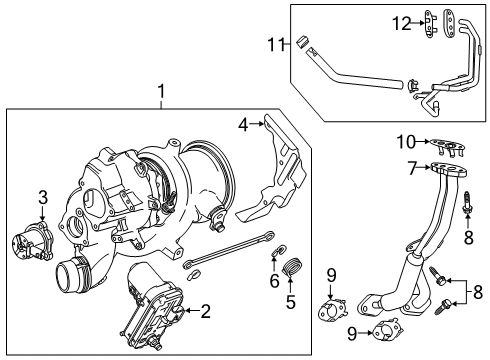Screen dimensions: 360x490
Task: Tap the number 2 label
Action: coord(205,312)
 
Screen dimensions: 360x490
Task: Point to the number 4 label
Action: coord(242,125)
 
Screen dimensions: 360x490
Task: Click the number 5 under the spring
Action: coord(292,300)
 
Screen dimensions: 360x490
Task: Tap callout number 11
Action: coord(271,42)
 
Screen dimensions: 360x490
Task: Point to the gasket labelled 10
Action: coord(445,146)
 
